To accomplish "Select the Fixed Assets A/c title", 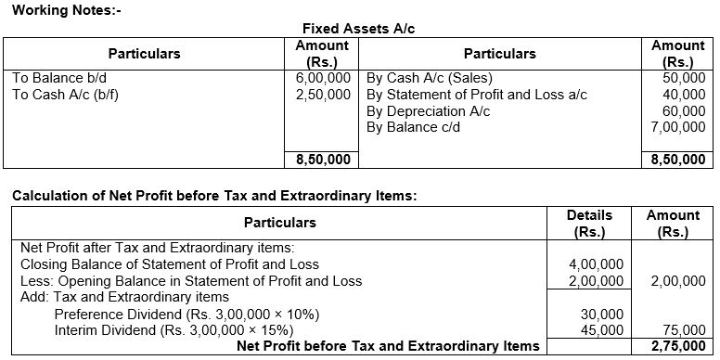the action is tap(359, 29).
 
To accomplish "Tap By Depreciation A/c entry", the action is tap(429, 110).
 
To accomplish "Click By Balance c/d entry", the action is tap(415, 126).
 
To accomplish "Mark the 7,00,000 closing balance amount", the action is tap(678, 126).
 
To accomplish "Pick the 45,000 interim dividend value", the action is tap(607, 330).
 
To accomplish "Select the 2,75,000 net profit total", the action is tap(678, 347).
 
